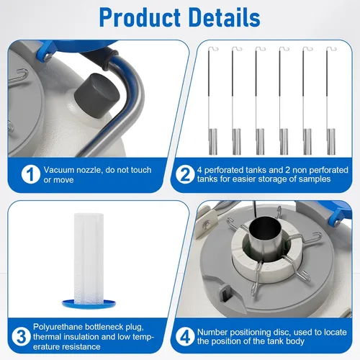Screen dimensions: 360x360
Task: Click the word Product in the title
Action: pos(140,18)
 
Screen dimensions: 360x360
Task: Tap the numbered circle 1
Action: pos(31,174)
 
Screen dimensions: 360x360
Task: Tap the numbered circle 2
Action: pos(185,174)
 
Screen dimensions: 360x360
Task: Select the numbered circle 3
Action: pos(21,336)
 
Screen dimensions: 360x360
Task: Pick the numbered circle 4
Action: pos(185,336)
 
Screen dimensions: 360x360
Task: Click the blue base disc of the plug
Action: pos(89,304)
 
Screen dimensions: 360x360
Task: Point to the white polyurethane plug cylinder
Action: pos(89,258)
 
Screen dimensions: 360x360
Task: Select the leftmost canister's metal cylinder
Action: pos(212,142)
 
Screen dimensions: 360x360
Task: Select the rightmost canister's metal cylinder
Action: pos(331,142)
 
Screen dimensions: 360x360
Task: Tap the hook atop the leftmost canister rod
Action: pos(214,48)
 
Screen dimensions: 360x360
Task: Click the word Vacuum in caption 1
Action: pos(59,170)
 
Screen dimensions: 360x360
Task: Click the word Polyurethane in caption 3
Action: pos(58,327)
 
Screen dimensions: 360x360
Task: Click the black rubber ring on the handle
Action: pos(110,60)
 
